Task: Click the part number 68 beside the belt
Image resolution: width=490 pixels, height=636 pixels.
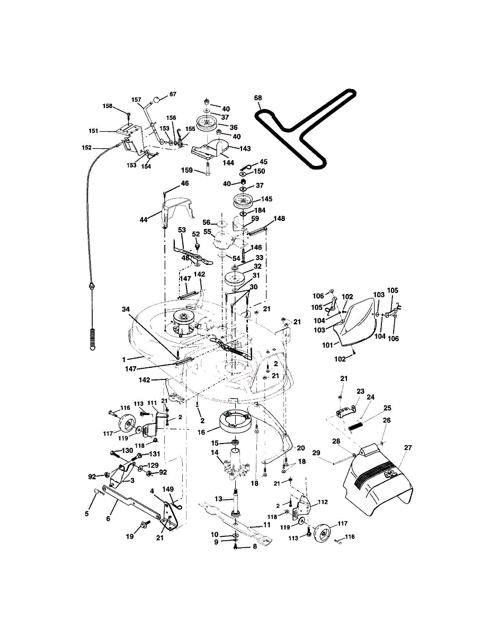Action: tap(258, 98)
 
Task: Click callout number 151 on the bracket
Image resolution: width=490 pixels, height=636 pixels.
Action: tap(93, 131)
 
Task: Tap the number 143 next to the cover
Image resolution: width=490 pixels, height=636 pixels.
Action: tap(245, 148)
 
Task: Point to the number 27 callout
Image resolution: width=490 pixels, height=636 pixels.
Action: tap(407, 448)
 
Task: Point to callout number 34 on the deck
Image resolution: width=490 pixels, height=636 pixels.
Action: tap(125, 309)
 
